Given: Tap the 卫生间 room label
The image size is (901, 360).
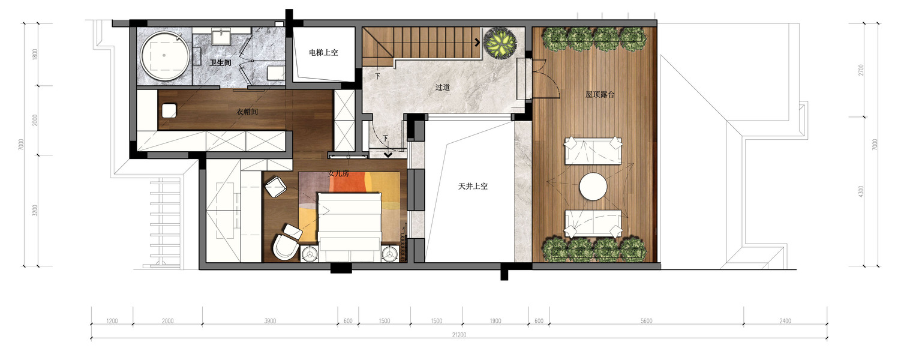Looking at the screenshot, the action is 220,63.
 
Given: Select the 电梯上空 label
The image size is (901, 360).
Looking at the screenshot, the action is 323,52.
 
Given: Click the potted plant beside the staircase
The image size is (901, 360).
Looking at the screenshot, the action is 500,43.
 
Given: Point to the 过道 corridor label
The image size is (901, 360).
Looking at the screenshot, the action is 442,87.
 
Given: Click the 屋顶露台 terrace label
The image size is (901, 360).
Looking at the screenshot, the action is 600,95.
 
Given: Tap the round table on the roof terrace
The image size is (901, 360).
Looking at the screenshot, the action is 593,187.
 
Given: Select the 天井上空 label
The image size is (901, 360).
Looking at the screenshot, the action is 473,186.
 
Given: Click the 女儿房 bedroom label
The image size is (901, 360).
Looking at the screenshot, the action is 338,173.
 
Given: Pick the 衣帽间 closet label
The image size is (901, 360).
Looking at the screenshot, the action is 247,112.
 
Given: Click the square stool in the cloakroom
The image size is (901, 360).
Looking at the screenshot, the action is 169,110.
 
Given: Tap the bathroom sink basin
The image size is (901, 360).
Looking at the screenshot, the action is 220,36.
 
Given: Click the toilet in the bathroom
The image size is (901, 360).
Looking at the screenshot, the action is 275,73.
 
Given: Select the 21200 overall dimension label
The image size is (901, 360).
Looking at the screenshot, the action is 459,335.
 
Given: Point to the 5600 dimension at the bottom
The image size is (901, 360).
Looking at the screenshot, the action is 647,321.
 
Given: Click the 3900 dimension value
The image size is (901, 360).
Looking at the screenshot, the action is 270,321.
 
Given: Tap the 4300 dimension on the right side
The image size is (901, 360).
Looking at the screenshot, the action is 861,191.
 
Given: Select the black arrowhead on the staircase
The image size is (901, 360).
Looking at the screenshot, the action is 477,42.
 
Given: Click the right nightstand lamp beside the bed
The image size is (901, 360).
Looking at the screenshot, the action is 390,254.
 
